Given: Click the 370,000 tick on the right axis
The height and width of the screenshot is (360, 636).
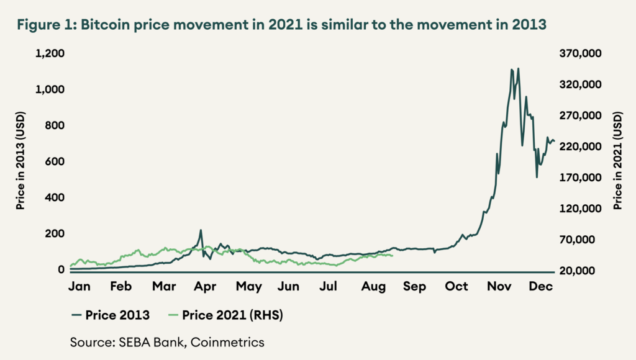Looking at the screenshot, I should pyautogui.click(x=580, y=54).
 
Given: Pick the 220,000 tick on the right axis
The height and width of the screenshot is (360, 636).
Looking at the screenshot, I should pyautogui.click(x=580, y=147).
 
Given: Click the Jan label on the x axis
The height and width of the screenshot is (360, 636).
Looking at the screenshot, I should pyautogui.click(x=80, y=287).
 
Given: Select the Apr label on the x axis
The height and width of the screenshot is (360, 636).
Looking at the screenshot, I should pyautogui.click(x=206, y=287).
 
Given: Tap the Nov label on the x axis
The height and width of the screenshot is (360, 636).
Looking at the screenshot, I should pyautogui.click(x=499, y=287).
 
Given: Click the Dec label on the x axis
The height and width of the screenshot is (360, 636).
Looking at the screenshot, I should pyautogui.click(x=541, y=287).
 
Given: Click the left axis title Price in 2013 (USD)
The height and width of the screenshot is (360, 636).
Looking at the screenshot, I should pyautogui.click(x=20, y=163).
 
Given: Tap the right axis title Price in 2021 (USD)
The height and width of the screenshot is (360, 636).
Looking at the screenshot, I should pyautogui.click(x=617, y=163).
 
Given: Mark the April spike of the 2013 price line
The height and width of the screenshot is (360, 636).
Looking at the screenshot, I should pyautogui.click(x=201, y=230).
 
